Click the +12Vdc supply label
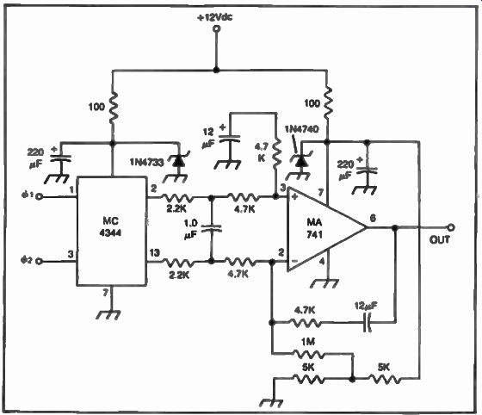pos(215,17)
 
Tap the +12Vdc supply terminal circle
pos(216,29)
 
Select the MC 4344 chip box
pos(111,231)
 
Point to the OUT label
pos(440,239)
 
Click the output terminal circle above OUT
pos(451,227)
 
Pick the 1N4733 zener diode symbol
pos(179,161)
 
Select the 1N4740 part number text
pos(301,129)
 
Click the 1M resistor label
pos(308,342)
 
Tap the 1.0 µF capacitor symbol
pos(211,229)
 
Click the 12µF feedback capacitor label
pos(366,306)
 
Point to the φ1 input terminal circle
pos(39,196)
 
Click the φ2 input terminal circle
pos(39,261)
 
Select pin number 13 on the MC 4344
pos(154,252)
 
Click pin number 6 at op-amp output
pos(373,218)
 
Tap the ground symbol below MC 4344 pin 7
pos(108,314)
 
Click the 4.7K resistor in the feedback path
pos(305,323)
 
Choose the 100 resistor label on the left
pos(96,107)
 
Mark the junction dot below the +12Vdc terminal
pos(216,70)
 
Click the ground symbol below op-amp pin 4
pos(326,282)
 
